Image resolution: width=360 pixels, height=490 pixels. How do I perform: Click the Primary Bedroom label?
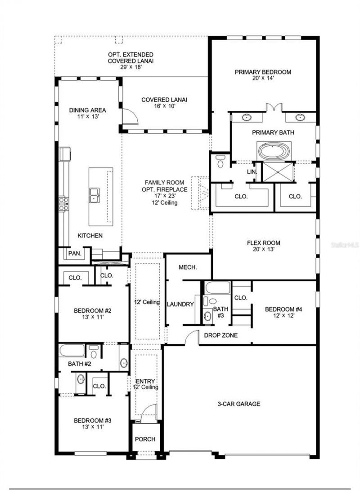(263, 72)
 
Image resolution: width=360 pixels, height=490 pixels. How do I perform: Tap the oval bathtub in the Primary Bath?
(274, 150)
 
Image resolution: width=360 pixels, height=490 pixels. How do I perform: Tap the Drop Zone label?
(220, 335)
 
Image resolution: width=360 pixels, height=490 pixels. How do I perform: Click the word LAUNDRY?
(180, 304)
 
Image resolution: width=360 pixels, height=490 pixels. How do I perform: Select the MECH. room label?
(188, 267)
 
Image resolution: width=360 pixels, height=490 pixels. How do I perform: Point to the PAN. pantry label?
(74, 254)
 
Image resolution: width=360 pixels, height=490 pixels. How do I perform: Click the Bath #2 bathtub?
(72, 351)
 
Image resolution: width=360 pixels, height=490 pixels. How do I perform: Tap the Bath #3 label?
(220, 312)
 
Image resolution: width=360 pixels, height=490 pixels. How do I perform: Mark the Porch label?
(145, 439)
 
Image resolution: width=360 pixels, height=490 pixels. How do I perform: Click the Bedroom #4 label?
(283, 309)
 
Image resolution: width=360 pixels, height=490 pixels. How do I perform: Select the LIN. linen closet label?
(252, 172)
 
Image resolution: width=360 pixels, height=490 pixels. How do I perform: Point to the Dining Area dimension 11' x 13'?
(87, 116)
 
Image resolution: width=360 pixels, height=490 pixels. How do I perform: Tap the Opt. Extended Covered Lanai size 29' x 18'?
(130, 67)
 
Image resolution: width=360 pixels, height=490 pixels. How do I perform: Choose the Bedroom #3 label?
(93, 421)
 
